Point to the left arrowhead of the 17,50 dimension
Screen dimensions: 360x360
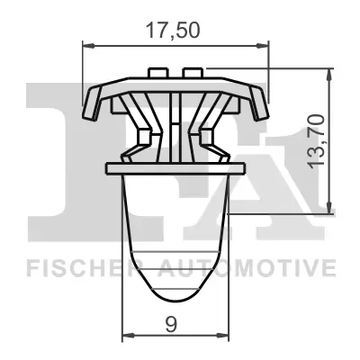(87, 41)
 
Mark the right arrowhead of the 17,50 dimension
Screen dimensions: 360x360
(265, 41)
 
